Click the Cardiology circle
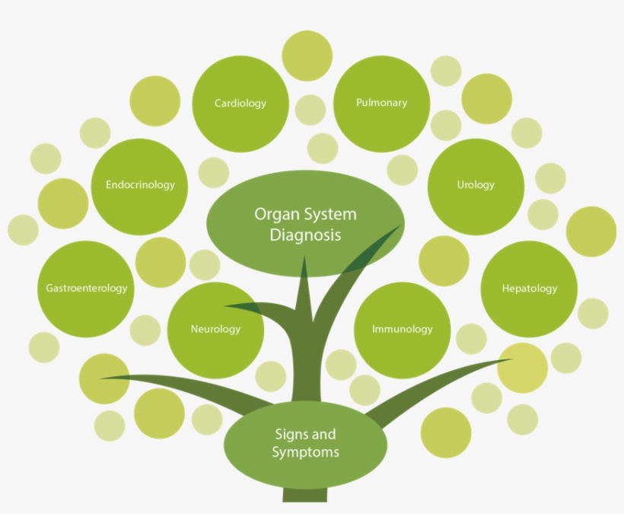[240, 104]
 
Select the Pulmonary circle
[381, 104]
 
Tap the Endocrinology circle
[140, 185]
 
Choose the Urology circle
[476, 185]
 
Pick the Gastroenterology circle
[86, 289]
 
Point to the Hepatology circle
[529, 289]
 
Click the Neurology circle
[215, 329]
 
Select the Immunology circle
[402, 329]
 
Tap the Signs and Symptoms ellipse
[304, 443]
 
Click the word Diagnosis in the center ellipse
[305, 235]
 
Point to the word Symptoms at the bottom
[305, 452]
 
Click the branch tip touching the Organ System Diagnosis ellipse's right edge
[395, 228]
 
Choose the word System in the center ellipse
[328, 214]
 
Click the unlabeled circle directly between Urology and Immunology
[444, 260]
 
